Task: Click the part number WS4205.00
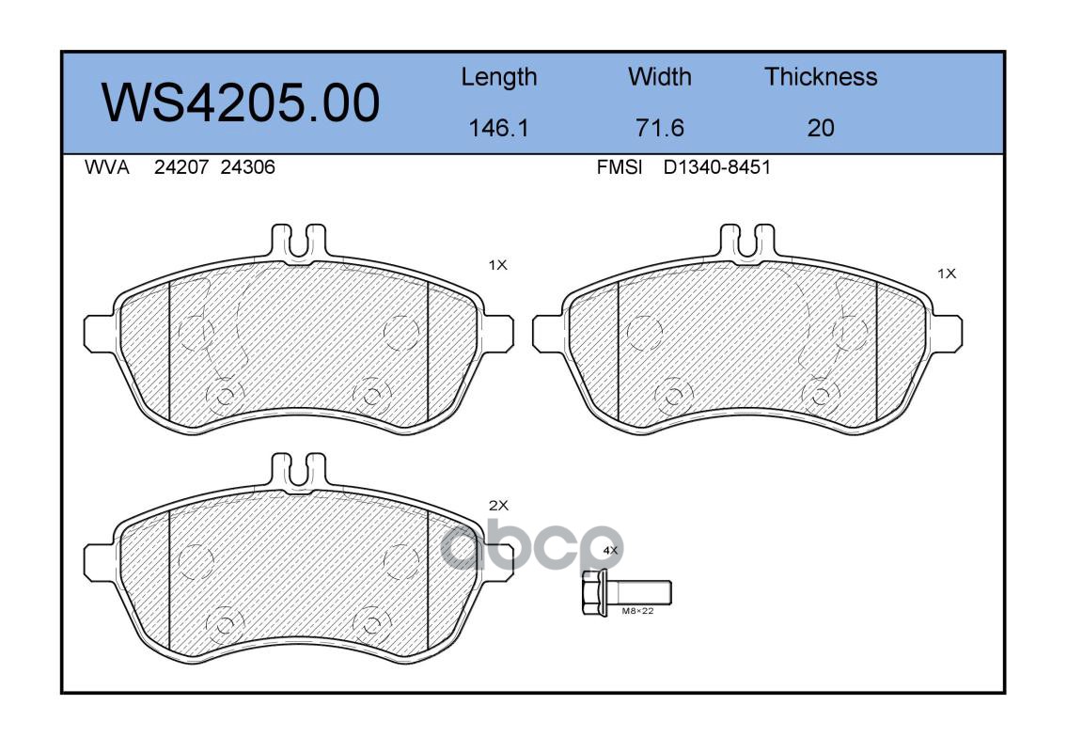pyautogui.click(x=241, y=102)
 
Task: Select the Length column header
pyautogui.click(x=499, y=78)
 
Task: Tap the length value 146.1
pyautogui.click(x=499, y=128)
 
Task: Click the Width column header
pyautogui.click(x=659, y=76)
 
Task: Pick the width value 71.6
pyautogui.click(x=659, y=128)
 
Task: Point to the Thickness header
pyautogui.click(x=821, y=76)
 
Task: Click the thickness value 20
pyautogui.click(x=821, y=128)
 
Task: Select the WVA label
pyautogui.click(x=107, y=167)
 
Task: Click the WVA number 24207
pyautogui.click(x=181, y=167)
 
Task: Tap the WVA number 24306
pyautogui.click(x=247, y=167)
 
